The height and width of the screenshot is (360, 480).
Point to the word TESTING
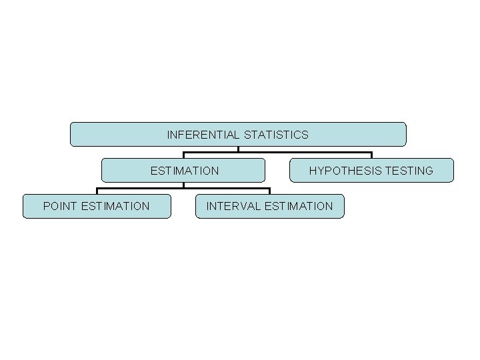pos(409,171)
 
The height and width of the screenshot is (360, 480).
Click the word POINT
pos(60,207)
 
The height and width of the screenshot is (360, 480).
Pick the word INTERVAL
pos(234,207)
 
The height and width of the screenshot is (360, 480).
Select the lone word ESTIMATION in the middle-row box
pos(184,171)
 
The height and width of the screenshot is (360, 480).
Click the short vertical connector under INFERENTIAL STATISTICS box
pos(238,149)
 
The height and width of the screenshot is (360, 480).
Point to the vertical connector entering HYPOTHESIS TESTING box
pos(371,155)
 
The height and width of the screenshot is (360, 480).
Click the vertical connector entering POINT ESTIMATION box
pos(97,191)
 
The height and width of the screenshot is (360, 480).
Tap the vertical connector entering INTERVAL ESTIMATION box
pos(270,191)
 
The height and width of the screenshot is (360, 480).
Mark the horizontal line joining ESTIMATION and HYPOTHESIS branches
pos(307,153)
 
